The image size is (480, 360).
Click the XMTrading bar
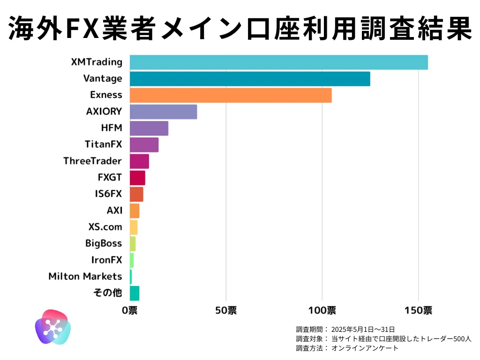(278, 62)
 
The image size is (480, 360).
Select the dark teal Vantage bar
(250, 79)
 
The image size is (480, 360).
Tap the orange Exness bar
(231, 95)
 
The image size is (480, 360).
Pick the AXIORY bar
(163, 112)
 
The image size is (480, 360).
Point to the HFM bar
(149, 128)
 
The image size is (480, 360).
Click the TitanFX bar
(144, 145)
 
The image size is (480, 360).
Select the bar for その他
(135, 293)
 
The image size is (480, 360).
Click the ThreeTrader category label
(93, 161)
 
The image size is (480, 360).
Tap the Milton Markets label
(85, 276)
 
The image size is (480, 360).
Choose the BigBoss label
(104, 243)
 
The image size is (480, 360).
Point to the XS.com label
(105, 227)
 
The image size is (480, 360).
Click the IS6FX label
(108, 194)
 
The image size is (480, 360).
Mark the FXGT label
(110, 177)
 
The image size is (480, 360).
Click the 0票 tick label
(130, 310)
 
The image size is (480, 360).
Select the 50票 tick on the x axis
(226, 310)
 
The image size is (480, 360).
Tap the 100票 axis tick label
(322, 310)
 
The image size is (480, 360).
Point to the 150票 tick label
(418, 310)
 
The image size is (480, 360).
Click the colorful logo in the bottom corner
(52, 327)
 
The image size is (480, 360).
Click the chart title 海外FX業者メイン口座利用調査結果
(240, 28)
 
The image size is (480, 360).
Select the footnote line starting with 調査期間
(345, 329)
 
